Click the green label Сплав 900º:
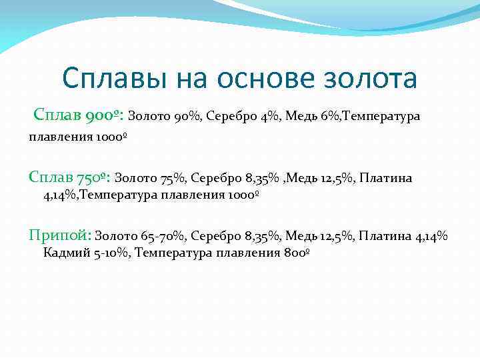pos(78,116)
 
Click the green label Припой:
pos(59,235)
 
